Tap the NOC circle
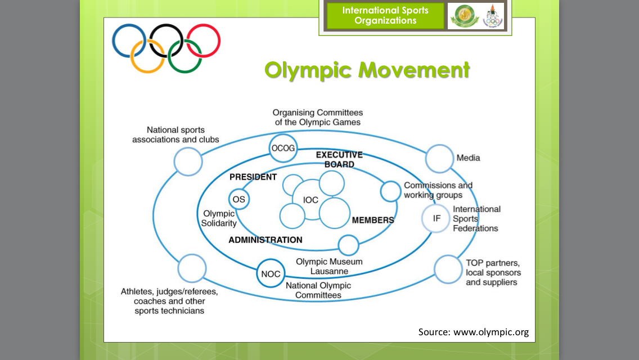pyautogui.click(x=271, y=274)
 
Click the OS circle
pyautogui.click(x=238, y=199)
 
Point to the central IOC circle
pyautogui.click(x=310, y=200)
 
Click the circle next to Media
pyautogui.click(x=439, y=159)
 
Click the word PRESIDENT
pyautogui.click(x=253, y=177)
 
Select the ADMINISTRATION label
pyautogui.click(x=265, y=240)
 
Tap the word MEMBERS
pyautogui.click(x=373, y=220)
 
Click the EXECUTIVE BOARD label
pyautogui.click(x=339, y=160)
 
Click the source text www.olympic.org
pyautogui.click(x=473, y=332)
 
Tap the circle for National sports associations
pyautogui.click(x=188, y=162)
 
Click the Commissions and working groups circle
pyautogui.click(x=390, y=191)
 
